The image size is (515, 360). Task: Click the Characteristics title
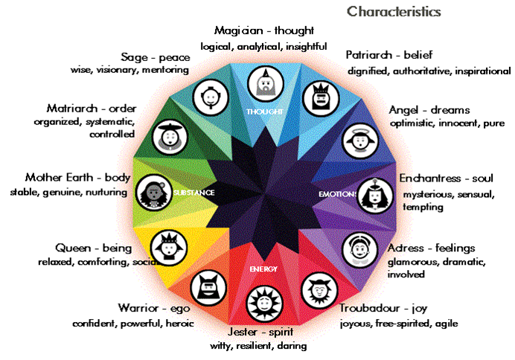point(394,12)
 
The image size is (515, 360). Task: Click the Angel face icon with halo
point(356,139)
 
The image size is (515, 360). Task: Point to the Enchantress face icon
point(372,194)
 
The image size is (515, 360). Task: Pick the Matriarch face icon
point(167,137)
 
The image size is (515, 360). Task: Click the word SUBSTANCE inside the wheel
point(193,193)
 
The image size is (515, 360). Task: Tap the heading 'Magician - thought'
point(263,31)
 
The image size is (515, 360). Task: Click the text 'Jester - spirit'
point(256,332)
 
